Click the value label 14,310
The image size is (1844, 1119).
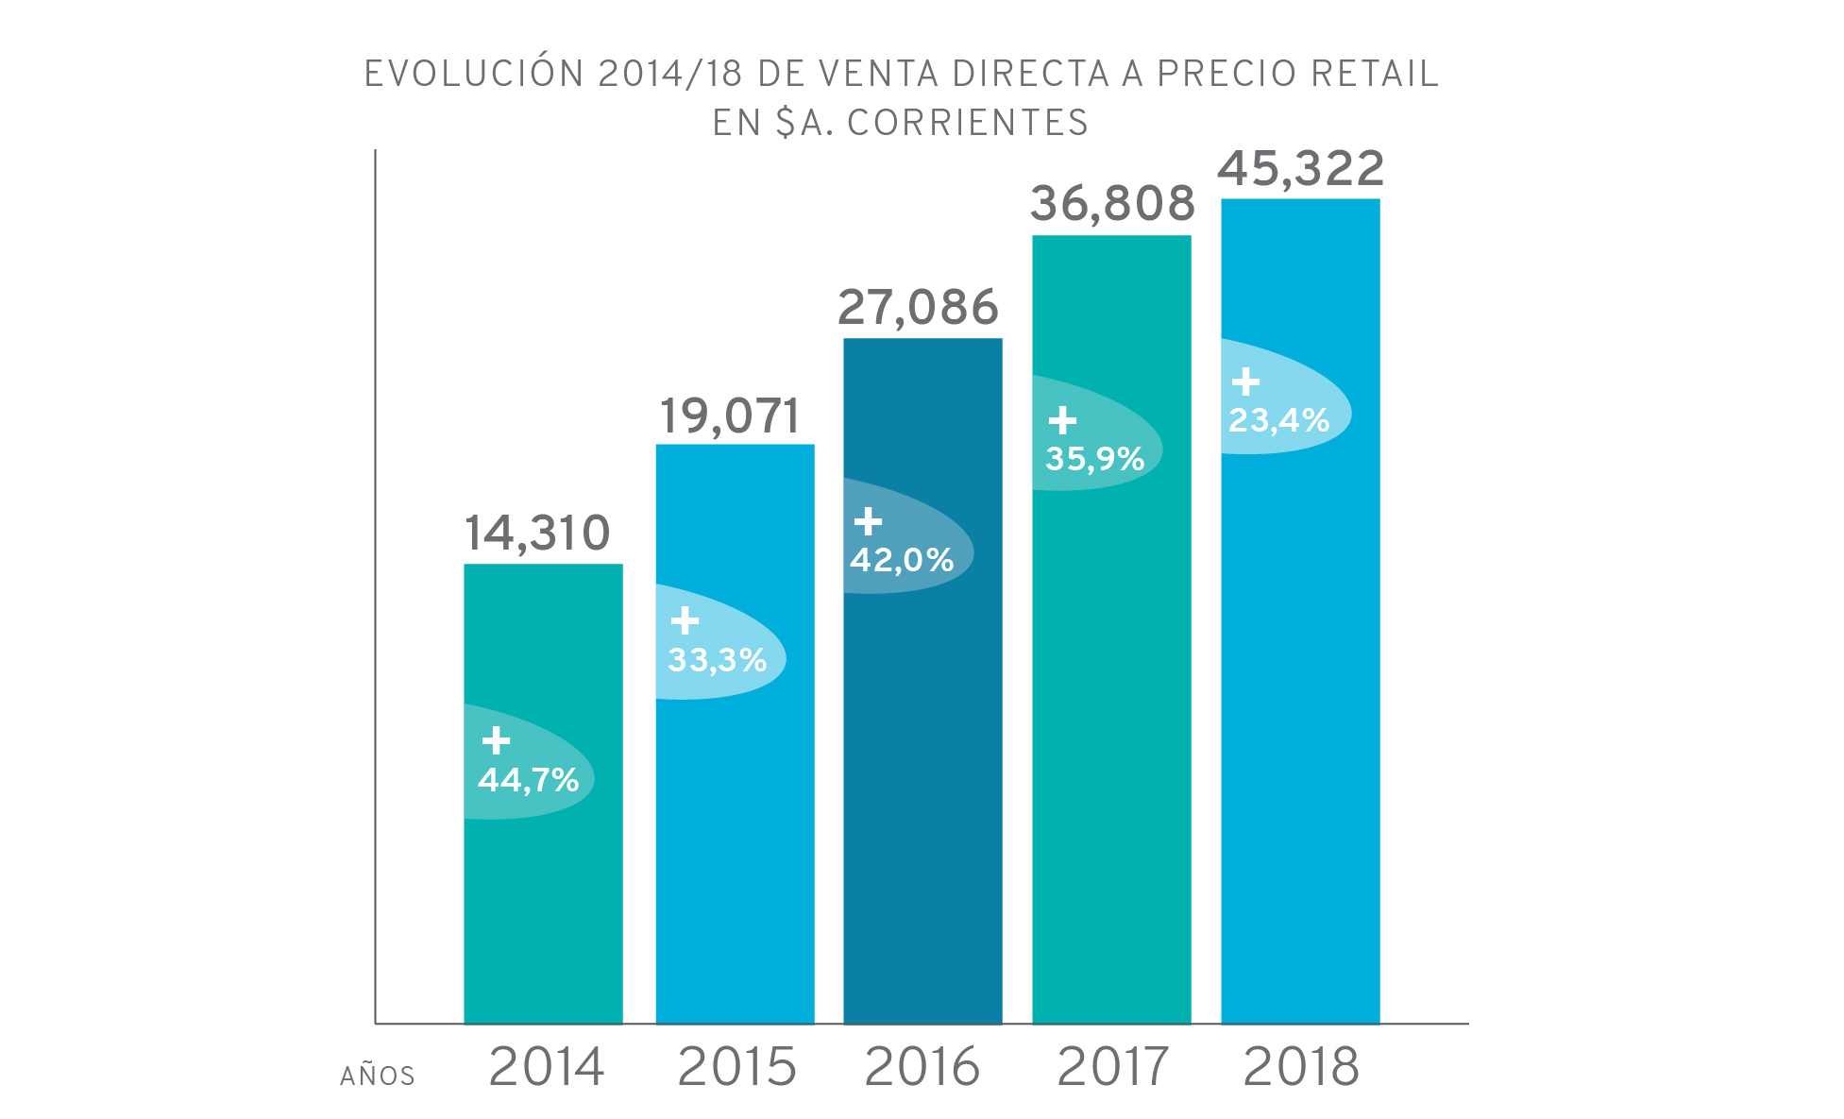(537, 534)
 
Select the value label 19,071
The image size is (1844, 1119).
(729, 416)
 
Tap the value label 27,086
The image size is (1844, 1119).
(918, 308)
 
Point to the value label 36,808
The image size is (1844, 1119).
(1112, 204)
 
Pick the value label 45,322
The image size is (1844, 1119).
(1300, 169)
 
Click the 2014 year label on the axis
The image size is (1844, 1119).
(546, 1067)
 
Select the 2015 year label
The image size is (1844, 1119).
(736, 1067)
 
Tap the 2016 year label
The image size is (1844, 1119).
(922, 1067)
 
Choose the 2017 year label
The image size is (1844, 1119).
(1112, 1067)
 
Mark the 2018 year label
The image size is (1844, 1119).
(1301, 1067)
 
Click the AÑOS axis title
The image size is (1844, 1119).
(378, 1076)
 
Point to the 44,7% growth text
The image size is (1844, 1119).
(528, 780)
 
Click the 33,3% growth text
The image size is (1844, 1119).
(718, 660)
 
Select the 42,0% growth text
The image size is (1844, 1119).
(902, 560)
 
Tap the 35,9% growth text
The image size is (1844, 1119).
(1094, 459)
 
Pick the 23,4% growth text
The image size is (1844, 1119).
(1278, 420)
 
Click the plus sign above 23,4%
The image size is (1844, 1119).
(1245, 381)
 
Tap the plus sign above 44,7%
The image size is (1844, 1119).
(496, 740)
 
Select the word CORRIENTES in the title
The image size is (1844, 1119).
(968, 123)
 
